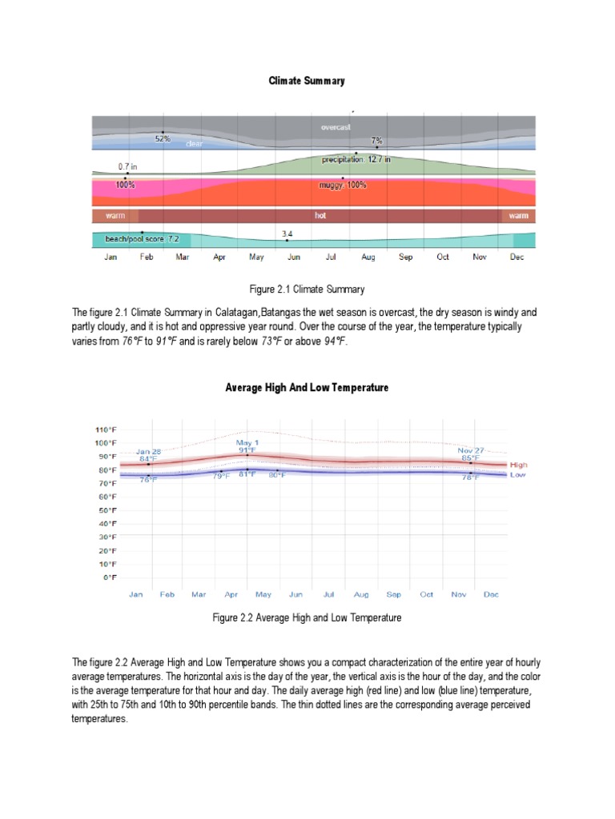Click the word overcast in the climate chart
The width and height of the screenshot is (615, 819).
pos(336,126)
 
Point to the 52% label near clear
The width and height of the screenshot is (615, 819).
pos(163,138)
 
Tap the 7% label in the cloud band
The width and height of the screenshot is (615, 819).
pos(376,140)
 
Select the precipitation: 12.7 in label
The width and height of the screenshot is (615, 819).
pos(356,159)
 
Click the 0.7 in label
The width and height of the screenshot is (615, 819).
pos(128,166)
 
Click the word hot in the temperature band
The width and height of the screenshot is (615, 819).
pos(320,216)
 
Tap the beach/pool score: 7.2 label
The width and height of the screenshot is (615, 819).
pos(137,239)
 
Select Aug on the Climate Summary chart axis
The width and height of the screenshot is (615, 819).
pos(368,258)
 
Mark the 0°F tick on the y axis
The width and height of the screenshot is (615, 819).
pos(111,577)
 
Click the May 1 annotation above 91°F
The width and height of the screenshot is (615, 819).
pos(247,442)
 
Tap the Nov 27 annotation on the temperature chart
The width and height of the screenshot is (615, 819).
pos(470,450)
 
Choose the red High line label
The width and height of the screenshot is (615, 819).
pos(518,465)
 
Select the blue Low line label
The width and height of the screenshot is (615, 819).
pos(517,475)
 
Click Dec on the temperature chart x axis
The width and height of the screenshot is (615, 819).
pos(491,594)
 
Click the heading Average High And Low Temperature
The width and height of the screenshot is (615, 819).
pos(307,387)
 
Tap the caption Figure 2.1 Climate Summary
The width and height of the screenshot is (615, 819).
pos(307,289)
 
